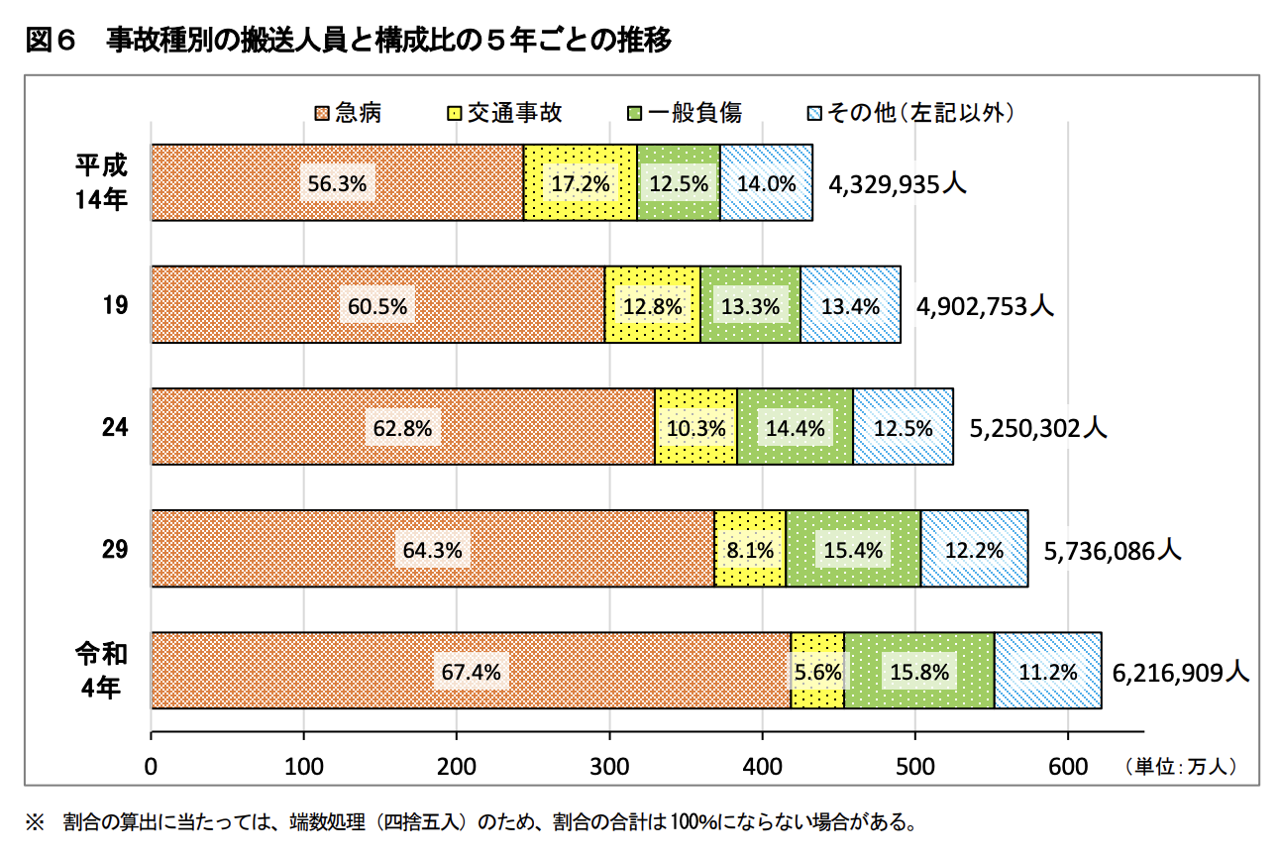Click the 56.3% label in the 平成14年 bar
tap(337, 183)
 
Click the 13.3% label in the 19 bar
tap(750, 305)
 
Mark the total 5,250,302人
tap(1037, 427)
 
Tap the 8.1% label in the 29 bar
tap(750, 549)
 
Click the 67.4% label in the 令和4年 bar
tap(471, 672)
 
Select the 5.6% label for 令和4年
tap(818, 672)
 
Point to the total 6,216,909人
tap(1180, 672)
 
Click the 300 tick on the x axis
tap(609, 766)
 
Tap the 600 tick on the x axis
tap(1067, 766)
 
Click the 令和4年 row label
tap(101, 670)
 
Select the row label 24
tap(115, 427)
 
